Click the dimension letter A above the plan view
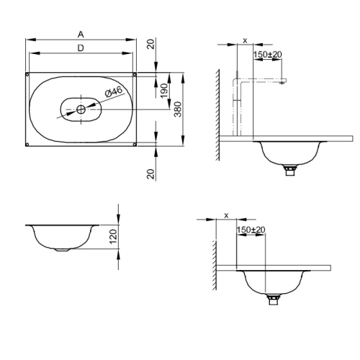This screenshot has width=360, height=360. [81, 35]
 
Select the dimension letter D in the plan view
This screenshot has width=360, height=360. [81, 48]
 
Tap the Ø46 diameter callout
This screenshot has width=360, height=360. [114, 91]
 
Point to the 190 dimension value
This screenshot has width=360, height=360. [164, 91]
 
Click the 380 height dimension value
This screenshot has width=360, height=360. [178, 109]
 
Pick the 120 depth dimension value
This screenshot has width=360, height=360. [113, 236]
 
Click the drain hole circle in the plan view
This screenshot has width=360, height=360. [81, 109]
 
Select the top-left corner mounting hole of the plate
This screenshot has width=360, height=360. [27, 74]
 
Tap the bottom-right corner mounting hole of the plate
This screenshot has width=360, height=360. [135, 144]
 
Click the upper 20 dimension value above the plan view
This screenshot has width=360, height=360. [151, 44]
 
